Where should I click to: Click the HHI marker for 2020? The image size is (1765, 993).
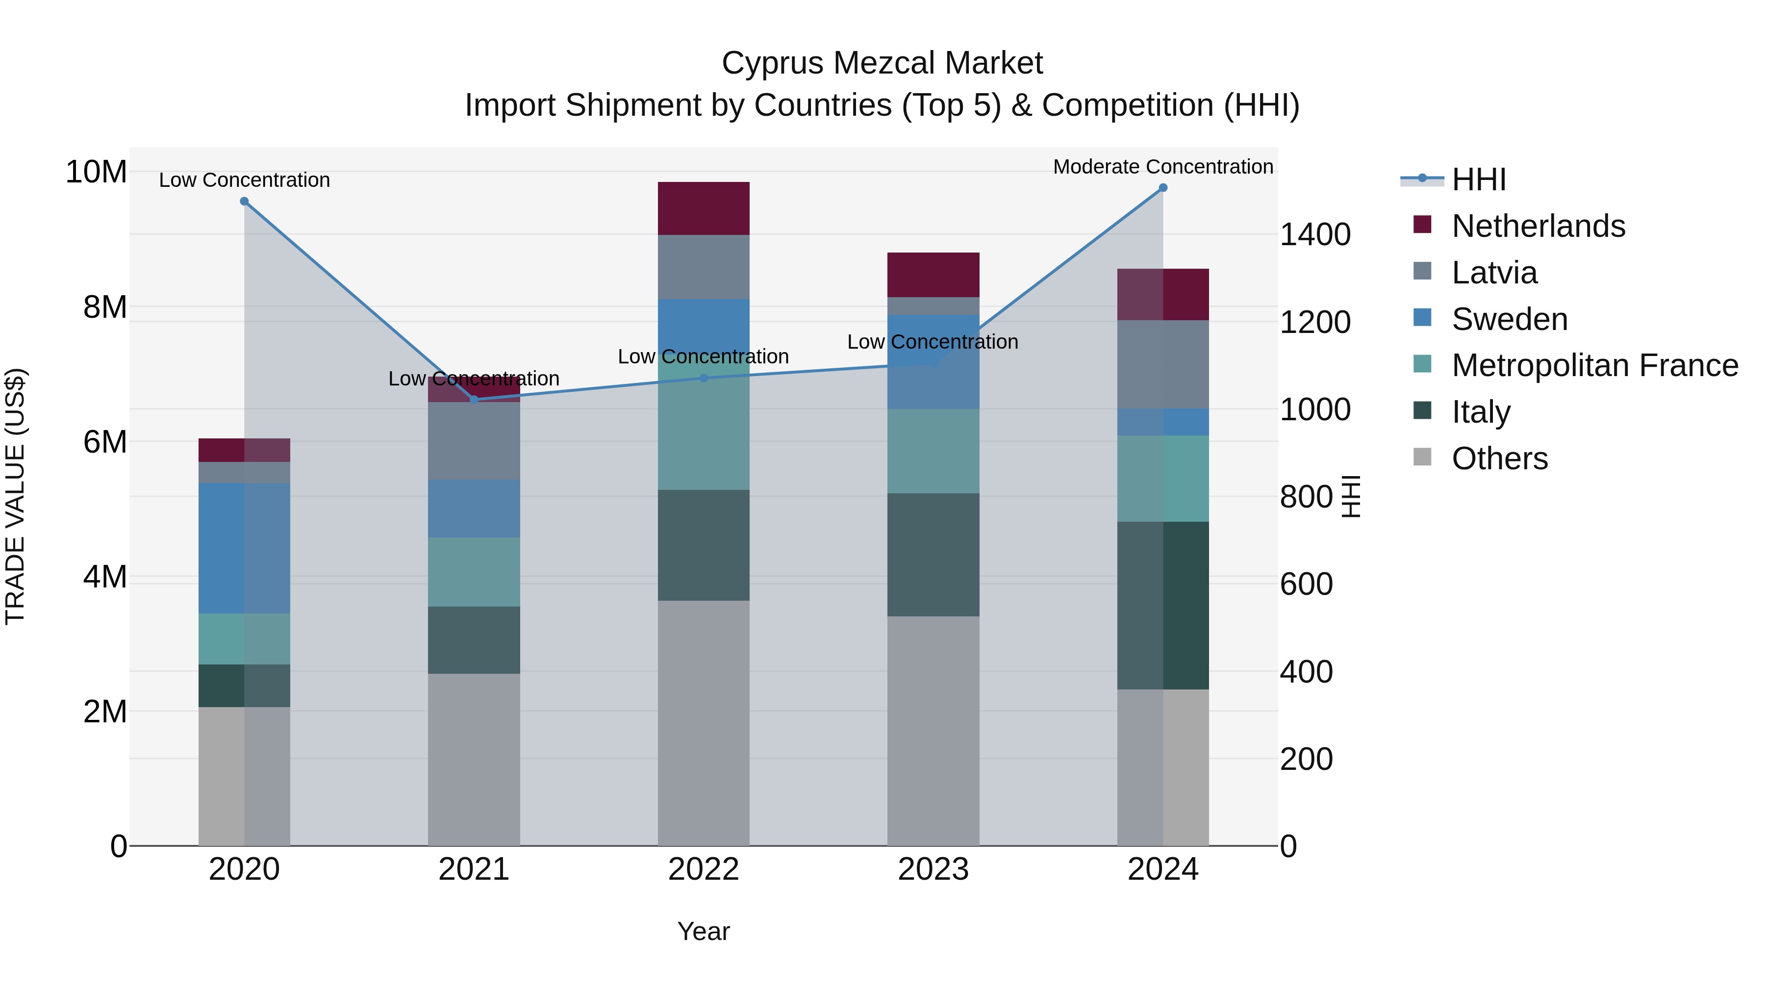click(244, 202)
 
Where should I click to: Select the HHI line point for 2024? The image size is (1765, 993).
click(1163, 188)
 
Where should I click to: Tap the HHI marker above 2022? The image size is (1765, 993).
click(704, 378)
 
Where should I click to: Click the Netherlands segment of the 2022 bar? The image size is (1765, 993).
click(704, 208)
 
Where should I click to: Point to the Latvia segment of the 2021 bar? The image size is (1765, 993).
click(474, 441)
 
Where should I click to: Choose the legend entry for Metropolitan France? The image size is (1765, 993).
click(1594, 366)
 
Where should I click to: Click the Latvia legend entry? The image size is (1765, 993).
click(1494, 273)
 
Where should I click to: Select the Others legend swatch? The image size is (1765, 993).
click(1422, 457)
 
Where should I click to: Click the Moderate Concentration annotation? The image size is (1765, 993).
click(1163, 167)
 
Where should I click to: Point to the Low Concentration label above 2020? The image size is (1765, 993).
click(244, 180)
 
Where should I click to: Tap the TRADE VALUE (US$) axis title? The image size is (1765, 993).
click(15, 496)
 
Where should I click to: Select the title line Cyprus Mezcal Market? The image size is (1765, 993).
click(882, 63)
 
